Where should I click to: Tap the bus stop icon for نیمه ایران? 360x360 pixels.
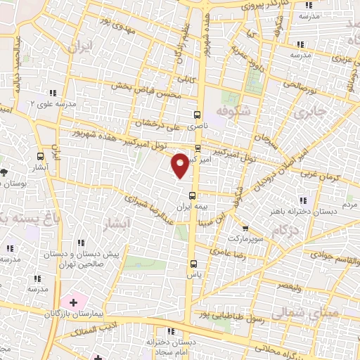tap(193, 196)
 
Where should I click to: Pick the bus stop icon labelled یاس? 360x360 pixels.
tap(193, 264)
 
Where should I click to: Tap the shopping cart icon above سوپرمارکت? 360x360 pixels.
tap(245, 228)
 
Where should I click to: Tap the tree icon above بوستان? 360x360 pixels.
tap(4, 172)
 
